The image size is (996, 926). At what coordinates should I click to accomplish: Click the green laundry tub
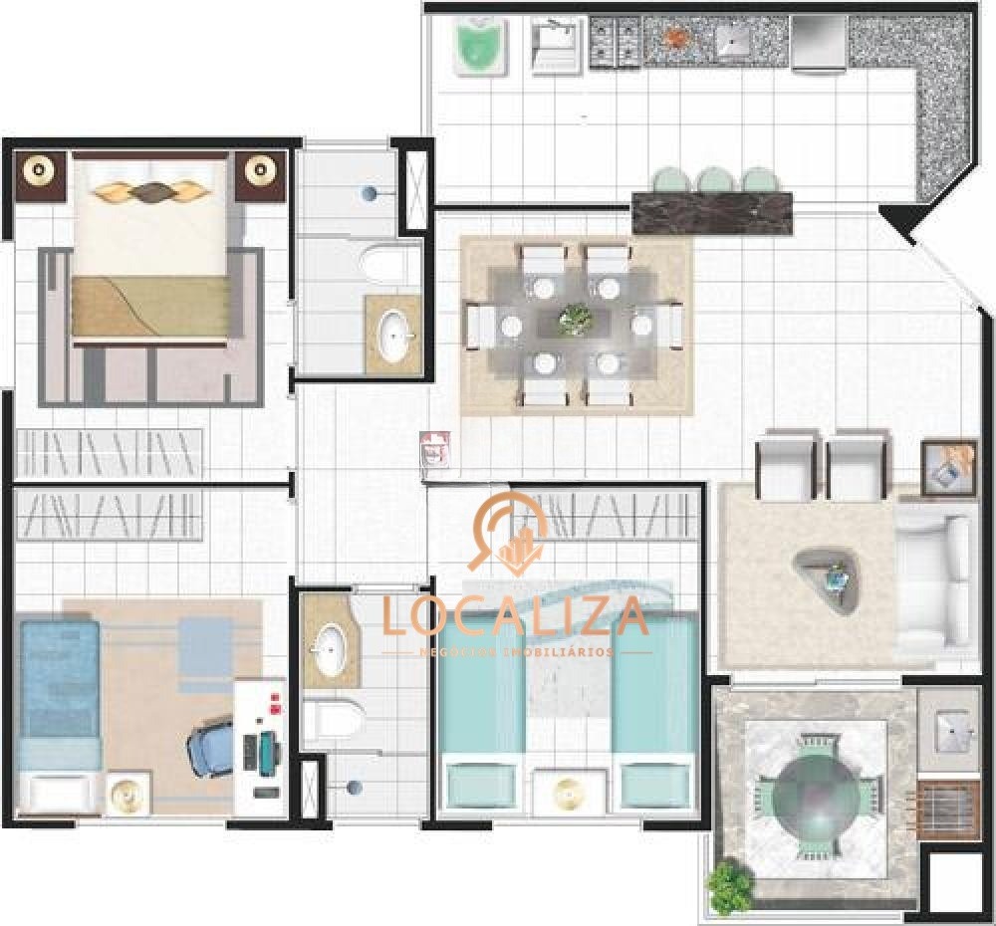481,44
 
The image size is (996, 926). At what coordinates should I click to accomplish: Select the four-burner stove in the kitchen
615,41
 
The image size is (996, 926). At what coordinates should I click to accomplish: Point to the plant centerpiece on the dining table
575,320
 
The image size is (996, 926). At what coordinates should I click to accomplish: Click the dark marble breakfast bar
713,212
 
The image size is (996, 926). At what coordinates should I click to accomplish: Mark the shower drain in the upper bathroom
371,192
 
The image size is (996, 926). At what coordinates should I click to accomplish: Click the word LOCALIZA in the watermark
515,616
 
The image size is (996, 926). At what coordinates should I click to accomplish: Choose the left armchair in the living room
788,465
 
